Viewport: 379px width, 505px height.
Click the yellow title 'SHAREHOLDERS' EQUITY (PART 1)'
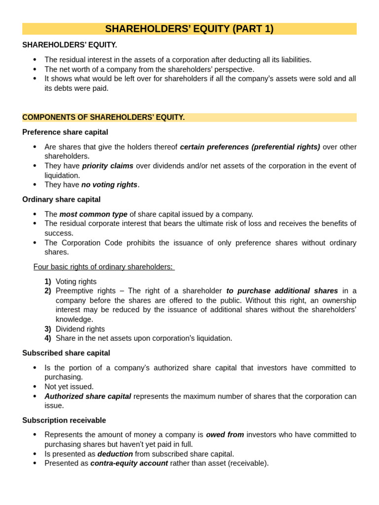pyautogui.click(x=189, y=29)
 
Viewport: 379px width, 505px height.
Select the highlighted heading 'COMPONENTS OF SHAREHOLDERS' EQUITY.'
pyautogui.click(x=104, y=117)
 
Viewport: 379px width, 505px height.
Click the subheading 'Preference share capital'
pyautogui.click(x=65, y=132)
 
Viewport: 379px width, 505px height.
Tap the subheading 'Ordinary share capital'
pyautogui.click(x=61, y=199)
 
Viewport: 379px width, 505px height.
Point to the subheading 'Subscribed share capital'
pyautogui.click(x=66, y=353)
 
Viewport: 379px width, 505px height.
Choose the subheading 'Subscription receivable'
pyautogui.click(x=64, y=420)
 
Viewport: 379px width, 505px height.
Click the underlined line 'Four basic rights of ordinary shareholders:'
pyautogui.click(x=104, y=267)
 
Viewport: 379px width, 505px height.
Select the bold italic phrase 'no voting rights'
pyautogui.click(x=109, y=185)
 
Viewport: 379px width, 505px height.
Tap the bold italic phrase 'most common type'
pyautogui.click(x=93, y=214)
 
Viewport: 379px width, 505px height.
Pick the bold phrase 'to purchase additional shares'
pyautogui.click(x=282, y=291)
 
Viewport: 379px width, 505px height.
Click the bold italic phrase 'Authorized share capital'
pyautogui.click(x=88, y=397)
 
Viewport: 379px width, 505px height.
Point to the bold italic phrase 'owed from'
pyautogui.click(x=225, y=434)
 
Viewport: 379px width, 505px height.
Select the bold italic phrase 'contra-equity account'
pyautogui.click(x=129, y=463)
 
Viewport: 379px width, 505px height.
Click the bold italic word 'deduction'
pyautogui.click(x=115, y=454)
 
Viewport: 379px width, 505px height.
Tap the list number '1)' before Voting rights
pyautogui.click(x=48, y=282)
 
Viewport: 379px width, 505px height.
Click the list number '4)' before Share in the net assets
pyautogui.click(x=48, y=338)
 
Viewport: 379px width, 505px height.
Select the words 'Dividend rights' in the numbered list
pyautogui.click(x=80, y=329)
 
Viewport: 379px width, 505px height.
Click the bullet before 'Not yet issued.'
pyautogui.click(x=35, y=387)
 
